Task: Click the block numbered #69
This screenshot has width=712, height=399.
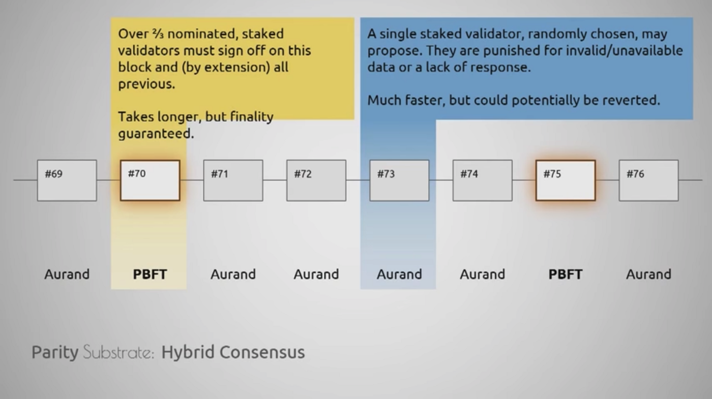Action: click(67, 180)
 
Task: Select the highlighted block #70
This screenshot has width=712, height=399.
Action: click(150, 180)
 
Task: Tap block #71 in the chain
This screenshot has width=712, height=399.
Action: click(233, 180)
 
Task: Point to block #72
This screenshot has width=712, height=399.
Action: click(316, 180)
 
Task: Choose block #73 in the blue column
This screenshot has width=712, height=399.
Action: click(399, 180)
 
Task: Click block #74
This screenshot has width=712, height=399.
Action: click(483, 180)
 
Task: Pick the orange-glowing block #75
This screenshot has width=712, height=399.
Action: click(566, 180)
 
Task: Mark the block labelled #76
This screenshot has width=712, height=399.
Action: click(649, 180)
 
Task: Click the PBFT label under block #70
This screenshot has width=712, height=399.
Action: click(150, 274)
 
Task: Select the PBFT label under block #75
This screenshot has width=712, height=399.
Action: click(566, 274)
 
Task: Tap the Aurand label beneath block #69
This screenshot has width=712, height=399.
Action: click(67, 274)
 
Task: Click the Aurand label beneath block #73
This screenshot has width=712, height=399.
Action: click(399, 274)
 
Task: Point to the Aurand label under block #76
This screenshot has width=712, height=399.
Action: click(649, 274)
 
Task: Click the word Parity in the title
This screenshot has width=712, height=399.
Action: click(55, 352)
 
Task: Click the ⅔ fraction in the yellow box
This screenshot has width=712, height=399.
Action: click(158, 34)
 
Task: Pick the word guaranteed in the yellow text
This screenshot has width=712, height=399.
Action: click(156, 134)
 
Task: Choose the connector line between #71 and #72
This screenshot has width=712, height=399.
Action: click(275, 180)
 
